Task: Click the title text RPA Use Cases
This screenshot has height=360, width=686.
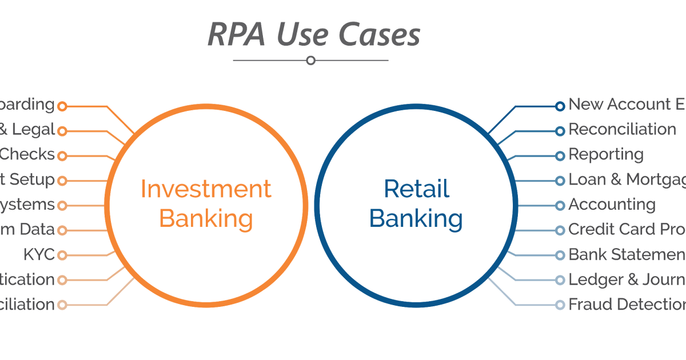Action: (313, 35)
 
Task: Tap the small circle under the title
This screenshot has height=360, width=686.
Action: (310, 60)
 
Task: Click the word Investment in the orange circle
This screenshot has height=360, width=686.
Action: (206, 189)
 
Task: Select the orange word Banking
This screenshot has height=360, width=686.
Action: (206, 218)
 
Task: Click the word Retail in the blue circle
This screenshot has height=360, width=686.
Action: (416, 189)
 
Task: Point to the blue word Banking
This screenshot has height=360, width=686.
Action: (416, 218)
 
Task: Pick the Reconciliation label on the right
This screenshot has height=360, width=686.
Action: (622, 130)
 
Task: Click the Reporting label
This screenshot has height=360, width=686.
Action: (606, 155)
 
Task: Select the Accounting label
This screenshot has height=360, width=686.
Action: (612, 205)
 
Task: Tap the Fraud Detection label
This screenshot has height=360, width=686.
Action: (626, 305)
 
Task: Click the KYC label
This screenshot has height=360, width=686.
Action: (39, 254)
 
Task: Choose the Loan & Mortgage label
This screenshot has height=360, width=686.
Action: (627, 180)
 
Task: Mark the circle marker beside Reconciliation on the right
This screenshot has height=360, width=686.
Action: (560, 131)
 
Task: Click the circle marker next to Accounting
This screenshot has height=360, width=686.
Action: (560, 206)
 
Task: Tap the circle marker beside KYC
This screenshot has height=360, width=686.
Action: (62, 255)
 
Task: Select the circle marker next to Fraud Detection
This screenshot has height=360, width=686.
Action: (560, 305)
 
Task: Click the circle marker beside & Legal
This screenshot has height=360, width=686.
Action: (62, 131)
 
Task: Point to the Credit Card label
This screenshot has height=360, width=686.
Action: (627, 230)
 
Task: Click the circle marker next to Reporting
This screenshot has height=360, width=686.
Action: (560, 156)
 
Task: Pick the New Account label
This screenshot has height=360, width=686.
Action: (627, 105)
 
